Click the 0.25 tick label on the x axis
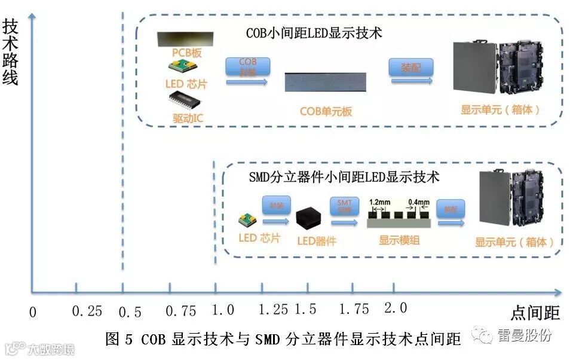[87, 312]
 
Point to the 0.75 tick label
[180, 312]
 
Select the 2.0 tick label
[395, 308]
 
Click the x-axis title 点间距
[535, 313]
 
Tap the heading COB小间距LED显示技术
[314, 33]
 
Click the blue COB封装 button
[247, 66]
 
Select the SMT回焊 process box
[345, 206]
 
